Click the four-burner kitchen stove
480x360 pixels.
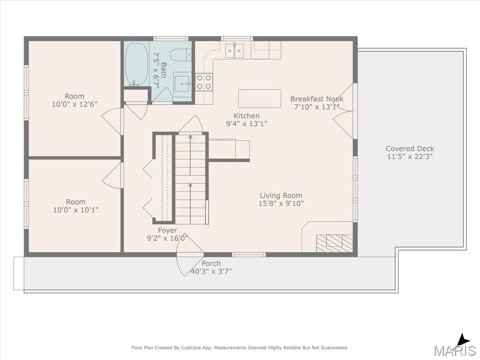click(x=204, y=82)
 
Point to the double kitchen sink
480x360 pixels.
click(x=235, y=51)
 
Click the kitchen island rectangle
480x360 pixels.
click(x=260, y=98)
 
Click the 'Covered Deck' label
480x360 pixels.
click(x=410, y=149)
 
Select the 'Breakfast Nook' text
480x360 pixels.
click(x=317, y=99)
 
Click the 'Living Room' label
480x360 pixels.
click(x=281, y=195)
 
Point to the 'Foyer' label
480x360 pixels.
click(x=167, y=230)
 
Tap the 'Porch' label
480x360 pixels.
click(x=211, y=263)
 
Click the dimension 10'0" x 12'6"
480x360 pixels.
click(x=75, y=104)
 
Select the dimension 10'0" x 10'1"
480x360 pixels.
click(x=75, y=210)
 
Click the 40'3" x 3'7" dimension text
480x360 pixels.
click(x=211, y=271)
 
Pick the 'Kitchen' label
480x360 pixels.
click(x=247, y=116)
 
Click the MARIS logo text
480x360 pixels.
click(x=455, y=351)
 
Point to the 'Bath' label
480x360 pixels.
click(x=164, y=70)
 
